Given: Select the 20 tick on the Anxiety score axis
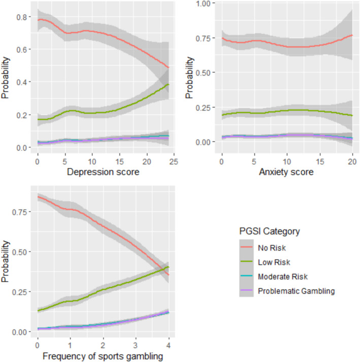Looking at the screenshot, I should [353, 161].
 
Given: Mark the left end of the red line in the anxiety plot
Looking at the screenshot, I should [222, 38].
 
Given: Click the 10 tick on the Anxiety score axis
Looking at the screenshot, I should [287, 161].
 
